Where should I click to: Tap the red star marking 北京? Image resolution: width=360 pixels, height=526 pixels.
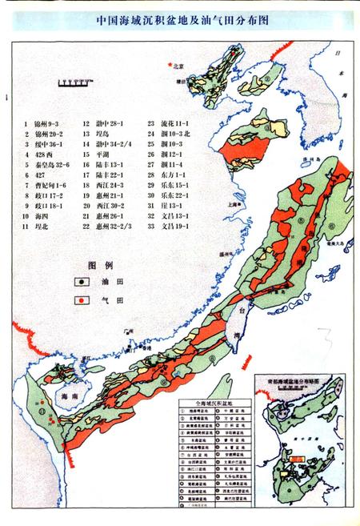pyautogui.click(x=168, y=64)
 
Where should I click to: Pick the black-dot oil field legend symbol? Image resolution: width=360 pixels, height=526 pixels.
pyautogui.click(x=80, y=282)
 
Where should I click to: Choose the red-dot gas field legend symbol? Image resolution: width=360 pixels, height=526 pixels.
pyautogui.click(x=80, y=299)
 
